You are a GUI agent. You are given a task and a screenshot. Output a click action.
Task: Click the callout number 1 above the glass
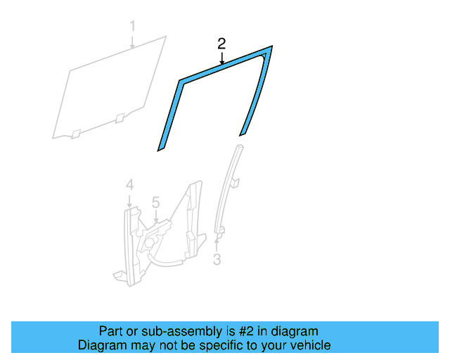click(x=132, y=26)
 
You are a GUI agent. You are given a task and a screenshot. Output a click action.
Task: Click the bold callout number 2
click(x=221, y=44)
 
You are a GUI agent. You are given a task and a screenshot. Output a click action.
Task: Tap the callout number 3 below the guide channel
click(x=217, y=259)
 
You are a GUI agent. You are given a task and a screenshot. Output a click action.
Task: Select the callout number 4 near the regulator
click(x=129, y=185)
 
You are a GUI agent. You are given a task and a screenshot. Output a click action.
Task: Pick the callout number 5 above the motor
click(x=155, y=202)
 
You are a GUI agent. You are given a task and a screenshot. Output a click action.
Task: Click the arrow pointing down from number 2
click(x=221, y=58)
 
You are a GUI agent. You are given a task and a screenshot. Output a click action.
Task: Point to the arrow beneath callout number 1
click(x=132, y=41)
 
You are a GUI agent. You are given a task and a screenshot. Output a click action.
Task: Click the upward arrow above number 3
click(x=217, y=244)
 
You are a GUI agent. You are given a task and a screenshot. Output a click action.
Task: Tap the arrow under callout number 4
click(x=129, y=201)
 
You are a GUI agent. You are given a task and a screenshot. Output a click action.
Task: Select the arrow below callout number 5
click(x=156, y=216)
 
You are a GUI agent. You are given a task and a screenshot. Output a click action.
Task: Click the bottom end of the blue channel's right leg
click(x=243, y=133)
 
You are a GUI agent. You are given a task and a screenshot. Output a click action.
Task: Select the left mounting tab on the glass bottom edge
click(x=76, y=134)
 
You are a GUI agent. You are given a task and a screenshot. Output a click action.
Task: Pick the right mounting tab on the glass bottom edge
click(x=120, y=118)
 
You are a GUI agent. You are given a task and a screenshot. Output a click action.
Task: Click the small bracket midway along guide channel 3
click(x=235, y=184)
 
